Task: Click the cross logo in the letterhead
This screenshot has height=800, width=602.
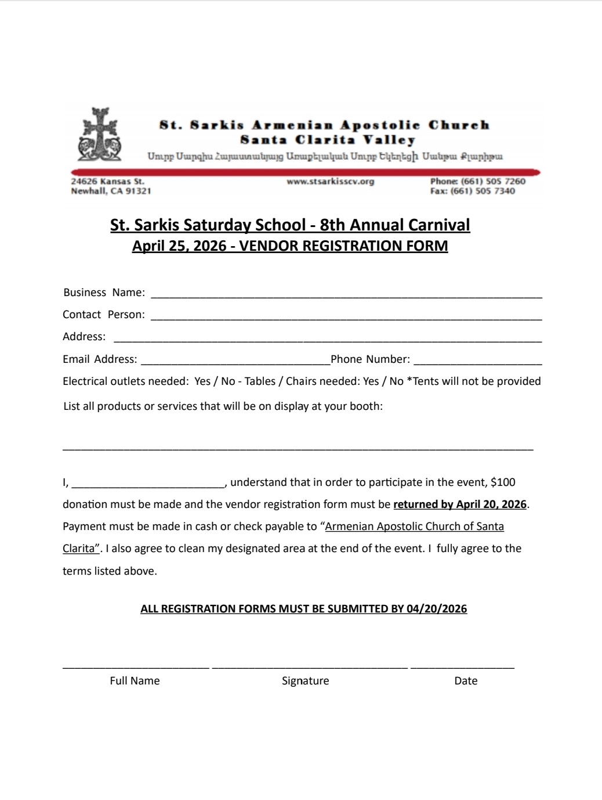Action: tap(100, 134)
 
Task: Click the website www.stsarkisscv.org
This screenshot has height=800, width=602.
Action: tap(330, 181)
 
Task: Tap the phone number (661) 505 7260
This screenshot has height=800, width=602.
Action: tap(493, 181)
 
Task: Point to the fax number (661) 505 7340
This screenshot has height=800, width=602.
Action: tap(483, 191)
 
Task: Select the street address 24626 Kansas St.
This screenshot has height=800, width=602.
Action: tap(107, 181)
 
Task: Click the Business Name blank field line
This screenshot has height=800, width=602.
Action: tap(346, 296)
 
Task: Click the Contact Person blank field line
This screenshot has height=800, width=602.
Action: tap(346, 318)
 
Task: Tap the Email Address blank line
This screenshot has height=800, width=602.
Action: tap(235, 363)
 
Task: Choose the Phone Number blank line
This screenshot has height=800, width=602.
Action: tap(477, 363)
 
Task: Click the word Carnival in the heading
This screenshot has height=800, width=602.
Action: tap(439, 225)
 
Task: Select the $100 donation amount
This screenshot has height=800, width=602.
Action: tap(503, 482)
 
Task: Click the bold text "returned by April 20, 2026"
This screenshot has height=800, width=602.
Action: tap(460, 504)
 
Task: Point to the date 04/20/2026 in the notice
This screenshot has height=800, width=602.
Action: tap(437, 608)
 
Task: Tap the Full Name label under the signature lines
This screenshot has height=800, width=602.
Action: tap(135, 680)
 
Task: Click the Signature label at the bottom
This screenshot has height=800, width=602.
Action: tap(305, 680)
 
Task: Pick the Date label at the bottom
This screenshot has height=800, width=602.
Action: tap(466, 680)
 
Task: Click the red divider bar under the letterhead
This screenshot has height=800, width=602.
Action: tap(305, 172)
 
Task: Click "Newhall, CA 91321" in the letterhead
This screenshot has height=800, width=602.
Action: tap(111, 191)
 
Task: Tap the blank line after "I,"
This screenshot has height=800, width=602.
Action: tap(148, 485)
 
